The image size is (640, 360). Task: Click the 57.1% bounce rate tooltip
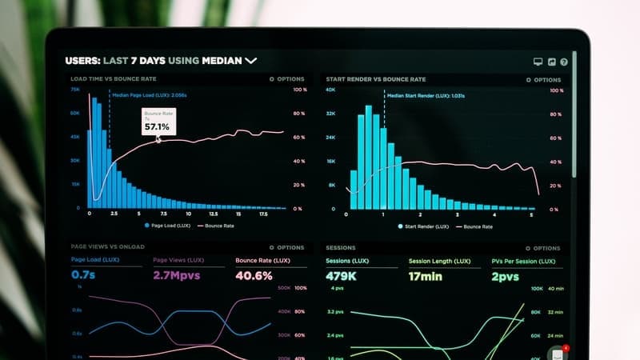[x=157, y=122]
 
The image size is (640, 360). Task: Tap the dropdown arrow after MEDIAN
[x=251, y=60]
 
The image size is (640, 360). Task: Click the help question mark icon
[x=563, y=62]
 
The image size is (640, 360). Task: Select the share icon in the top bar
[x=550, y=62]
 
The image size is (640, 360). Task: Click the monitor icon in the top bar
[x=538, y=62]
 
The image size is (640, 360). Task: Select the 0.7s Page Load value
[x=82, y=275]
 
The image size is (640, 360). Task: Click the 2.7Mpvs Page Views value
[x=176, y=275]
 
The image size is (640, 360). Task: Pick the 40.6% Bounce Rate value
[x=254, y=275]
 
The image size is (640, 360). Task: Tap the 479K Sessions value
[x=341, y=277]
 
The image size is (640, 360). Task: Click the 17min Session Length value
[x=426, y=277]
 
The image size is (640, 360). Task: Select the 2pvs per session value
[x=505, y=277]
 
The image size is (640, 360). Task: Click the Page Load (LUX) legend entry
[x=170, y=226]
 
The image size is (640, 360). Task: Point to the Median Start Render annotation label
[x=426, y=96]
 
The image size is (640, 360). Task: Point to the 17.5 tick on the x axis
[x=263, y=214]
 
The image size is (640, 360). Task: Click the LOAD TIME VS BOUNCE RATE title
[x=114, y=79]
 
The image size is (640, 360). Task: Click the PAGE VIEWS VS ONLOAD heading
[x=107, y=247]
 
